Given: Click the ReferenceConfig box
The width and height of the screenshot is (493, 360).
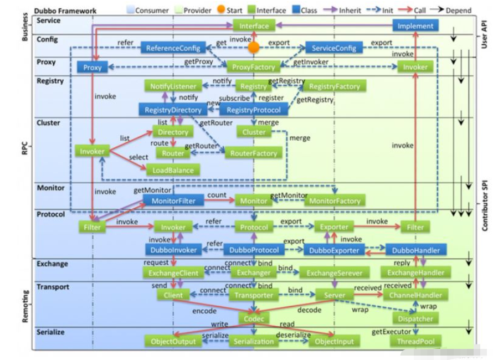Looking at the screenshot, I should [x=173, y=48].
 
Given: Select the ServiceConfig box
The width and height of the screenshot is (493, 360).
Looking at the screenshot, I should [x=334, y=48].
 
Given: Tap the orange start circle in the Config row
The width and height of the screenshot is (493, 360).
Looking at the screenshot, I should [x=254, y=48].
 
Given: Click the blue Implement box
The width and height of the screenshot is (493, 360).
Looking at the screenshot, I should [x=415, y=25].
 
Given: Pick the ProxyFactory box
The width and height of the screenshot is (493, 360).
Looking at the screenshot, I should [x=254, y=67].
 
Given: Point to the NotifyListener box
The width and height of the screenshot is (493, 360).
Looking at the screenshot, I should [x=173, y=86].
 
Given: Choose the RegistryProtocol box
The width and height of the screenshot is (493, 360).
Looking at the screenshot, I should [x=254, y=110].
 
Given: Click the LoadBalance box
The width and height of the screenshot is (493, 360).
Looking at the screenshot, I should [x=173, y=171].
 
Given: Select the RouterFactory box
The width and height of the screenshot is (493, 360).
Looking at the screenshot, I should [x=254, y=153].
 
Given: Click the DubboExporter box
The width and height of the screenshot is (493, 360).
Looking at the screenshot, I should [x=334, y=250].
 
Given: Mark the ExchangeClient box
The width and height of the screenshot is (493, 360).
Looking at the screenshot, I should [x=173, y=272].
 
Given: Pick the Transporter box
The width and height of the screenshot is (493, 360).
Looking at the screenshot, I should [x=254, y=295].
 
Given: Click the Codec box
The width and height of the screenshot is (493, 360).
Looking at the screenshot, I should [x=254, y=318].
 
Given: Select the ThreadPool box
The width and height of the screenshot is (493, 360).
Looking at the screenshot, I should [x=415, y=341].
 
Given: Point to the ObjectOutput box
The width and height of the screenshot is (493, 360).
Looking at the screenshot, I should [x=173, y=341].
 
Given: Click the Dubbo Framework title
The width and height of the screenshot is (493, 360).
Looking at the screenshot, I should [x=65, y=11].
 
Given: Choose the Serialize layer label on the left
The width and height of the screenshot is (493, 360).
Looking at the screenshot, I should [x=50, y=332].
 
